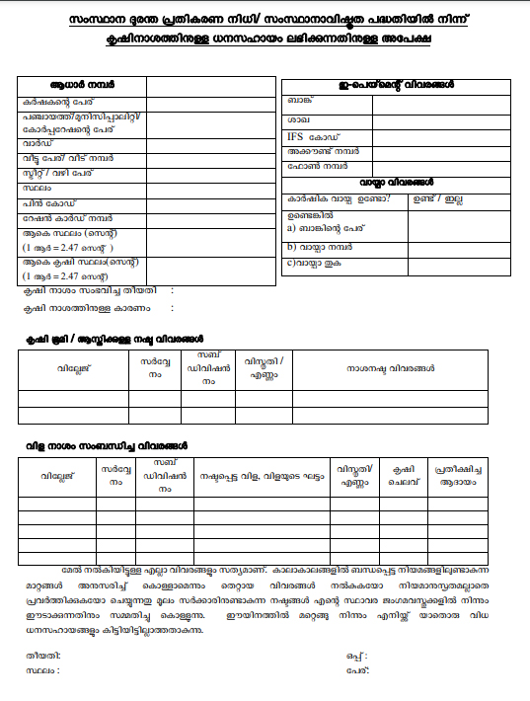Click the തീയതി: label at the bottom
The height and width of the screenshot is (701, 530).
(x=45, y=655)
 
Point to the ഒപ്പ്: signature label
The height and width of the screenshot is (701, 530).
(x=356, y=655)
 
